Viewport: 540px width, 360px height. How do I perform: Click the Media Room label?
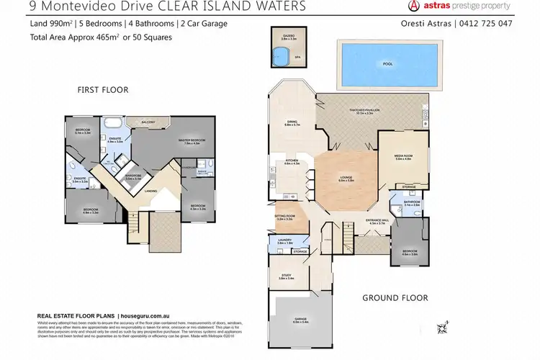[402, 156]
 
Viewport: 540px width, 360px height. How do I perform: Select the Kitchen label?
[291, 162]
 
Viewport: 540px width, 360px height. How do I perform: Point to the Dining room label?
[292, 122]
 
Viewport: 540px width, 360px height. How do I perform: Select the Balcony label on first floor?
[149, 122]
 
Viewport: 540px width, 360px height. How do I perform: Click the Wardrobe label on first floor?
[132, 175]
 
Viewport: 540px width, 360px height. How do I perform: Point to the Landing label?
[152, 191]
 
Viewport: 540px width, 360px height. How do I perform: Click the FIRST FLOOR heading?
[103, 90]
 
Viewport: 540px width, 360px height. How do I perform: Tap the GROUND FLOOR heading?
[395, 297]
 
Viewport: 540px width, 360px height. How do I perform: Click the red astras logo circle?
[415, 6]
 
